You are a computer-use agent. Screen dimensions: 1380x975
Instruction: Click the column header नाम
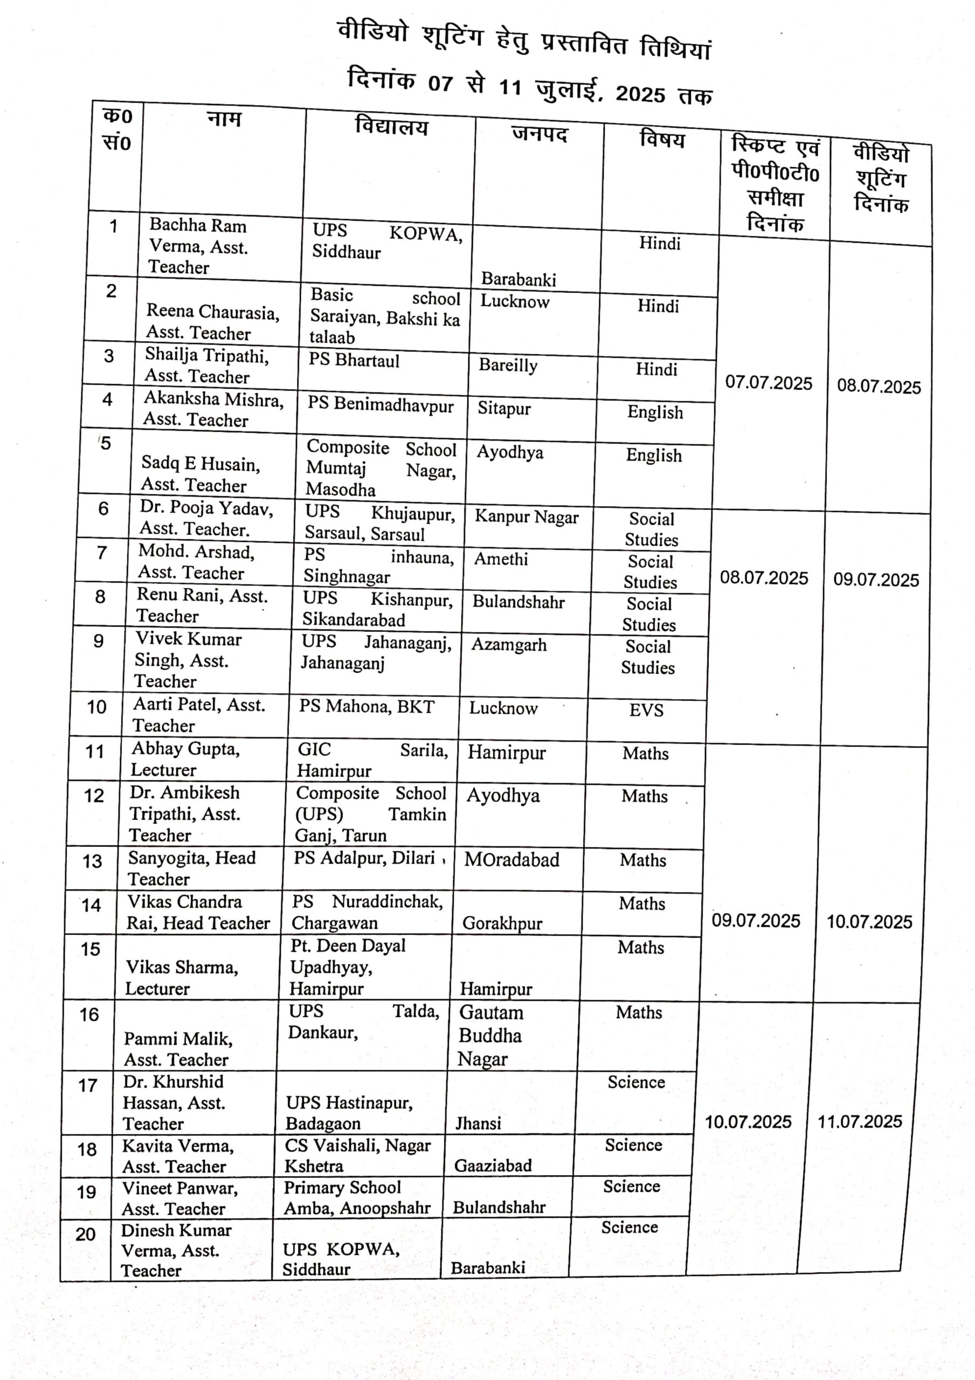[224, 119]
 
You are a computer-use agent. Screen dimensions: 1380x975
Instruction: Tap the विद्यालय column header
[391, 127]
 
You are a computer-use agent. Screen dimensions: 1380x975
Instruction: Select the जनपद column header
[539, 134]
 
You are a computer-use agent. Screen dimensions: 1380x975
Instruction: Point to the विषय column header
[662, 140]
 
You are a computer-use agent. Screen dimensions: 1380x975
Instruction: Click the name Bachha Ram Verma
[198, 246]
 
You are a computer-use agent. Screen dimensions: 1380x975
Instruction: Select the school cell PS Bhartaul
[354, 360]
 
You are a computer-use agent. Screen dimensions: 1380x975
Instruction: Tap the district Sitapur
[504, 409]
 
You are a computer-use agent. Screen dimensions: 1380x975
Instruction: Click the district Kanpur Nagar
[527, 517]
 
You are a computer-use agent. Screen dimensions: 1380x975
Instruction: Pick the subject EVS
[646, 710]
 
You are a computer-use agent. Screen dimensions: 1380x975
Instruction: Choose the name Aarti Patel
[198, 715]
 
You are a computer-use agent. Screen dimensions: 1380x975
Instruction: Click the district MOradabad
[511, 860]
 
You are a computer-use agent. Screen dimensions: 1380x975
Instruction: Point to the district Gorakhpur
[502, 924]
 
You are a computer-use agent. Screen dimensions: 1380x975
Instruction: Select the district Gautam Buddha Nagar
[490, 1036]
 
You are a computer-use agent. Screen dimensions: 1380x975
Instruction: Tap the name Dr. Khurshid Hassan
[173, 1102]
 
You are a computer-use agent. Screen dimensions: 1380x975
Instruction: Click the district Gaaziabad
[493, 1166]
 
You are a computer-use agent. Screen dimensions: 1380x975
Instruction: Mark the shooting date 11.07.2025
[860, 1122]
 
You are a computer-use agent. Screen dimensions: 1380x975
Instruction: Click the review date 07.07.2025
[768, 383]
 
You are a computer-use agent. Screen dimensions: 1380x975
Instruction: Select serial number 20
[86, 1234]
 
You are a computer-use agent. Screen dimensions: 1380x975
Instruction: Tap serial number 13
[93, 862]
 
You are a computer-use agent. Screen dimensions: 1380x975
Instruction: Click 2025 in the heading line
[640, 94]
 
